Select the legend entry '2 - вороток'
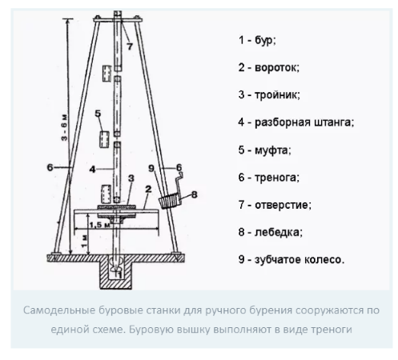[271, 67]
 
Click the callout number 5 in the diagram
[96, 114]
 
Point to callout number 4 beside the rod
[93, 168]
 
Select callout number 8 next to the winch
[193, 194]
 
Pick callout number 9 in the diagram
[152, 169]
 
